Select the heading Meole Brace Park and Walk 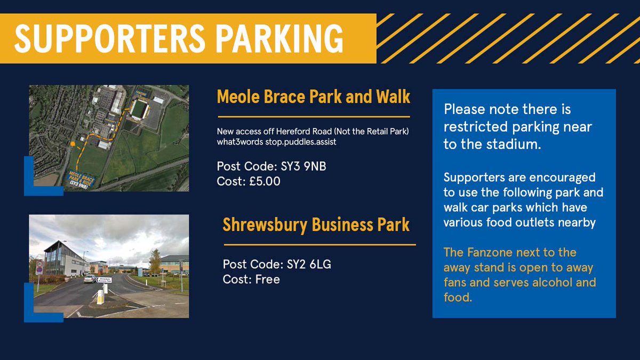click(314, 97)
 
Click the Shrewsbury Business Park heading click(316, 225)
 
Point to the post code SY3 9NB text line click(271, 166)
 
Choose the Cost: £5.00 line click(249, 181)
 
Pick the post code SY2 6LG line click(277, 264)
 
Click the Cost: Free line click(252, 279)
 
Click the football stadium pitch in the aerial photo click(139, 109)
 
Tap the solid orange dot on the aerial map click(72, 143)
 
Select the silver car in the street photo click(90, 278)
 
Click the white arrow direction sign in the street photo click(105, 278)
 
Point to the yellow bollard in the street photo click(100, 297)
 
